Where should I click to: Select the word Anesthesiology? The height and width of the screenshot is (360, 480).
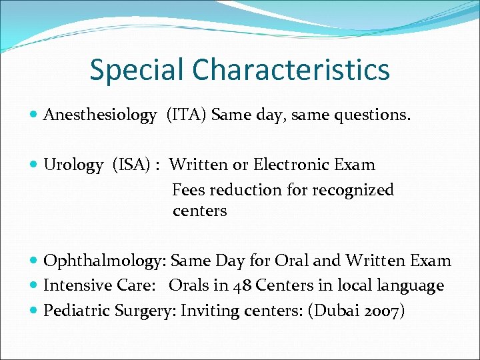(x=100, y=115)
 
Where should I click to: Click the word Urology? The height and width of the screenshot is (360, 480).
(x=73, y=165)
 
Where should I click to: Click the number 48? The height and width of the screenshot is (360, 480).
(x=242, y=286)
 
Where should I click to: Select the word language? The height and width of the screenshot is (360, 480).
(x=409, y=286)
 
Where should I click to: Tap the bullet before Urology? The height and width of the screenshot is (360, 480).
(x=34, y=165)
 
